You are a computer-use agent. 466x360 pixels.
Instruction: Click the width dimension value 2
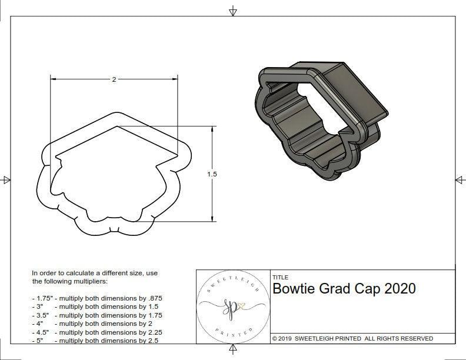point(114,79)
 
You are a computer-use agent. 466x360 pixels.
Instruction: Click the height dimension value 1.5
point(212,174)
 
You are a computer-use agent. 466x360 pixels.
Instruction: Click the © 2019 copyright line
point(352,338)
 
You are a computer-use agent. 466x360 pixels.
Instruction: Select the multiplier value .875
point(152,298)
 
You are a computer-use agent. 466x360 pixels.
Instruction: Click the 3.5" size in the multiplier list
point(43,315)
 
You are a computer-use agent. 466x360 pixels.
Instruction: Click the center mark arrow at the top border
point(233,11)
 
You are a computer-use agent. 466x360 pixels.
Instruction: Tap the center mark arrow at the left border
point(6,179)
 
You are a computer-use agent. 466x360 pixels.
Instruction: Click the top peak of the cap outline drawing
point(116,112)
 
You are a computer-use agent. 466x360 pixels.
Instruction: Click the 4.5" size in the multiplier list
point(43,332)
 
